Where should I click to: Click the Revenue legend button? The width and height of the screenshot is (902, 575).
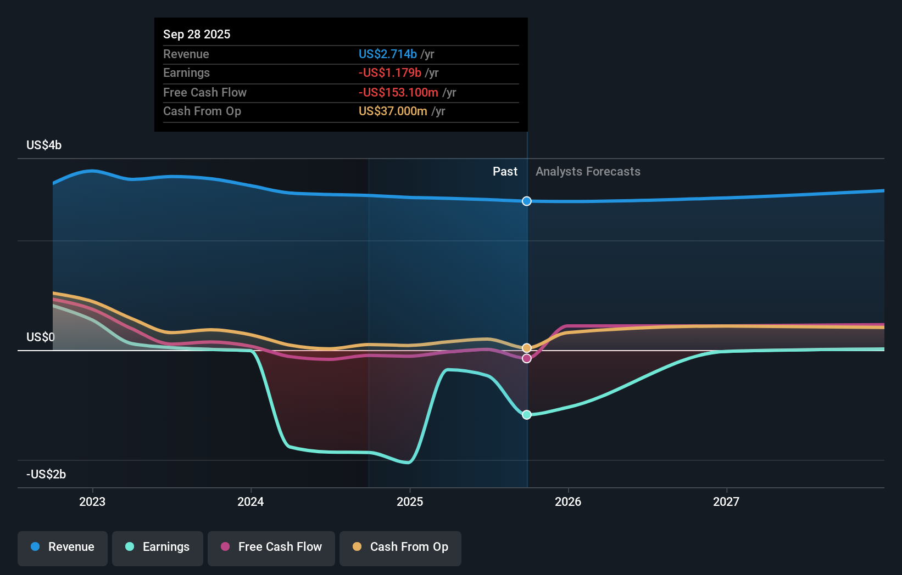pos(63,548)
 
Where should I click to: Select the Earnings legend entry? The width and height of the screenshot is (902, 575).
pos(158,548)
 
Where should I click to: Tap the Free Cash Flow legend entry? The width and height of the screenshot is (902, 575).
pos(271,548)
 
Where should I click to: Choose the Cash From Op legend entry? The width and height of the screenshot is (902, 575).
pos(400,548)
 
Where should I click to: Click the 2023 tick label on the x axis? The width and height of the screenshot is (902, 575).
pos(92,502)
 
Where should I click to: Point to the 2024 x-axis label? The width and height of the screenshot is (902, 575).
pos(250,502)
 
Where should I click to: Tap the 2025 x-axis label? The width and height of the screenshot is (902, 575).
pos(410,502)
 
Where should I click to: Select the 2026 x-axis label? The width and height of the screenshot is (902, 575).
pos(568,502)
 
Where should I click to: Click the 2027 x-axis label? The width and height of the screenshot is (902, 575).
pos(726,502)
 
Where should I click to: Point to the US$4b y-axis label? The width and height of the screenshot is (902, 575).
pos(44,145)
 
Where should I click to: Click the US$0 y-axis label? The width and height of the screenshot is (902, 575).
pos(41,337)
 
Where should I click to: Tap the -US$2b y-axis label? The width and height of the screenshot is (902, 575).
pos(46,475)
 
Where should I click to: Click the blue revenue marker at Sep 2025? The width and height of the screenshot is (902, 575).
pos(527,201)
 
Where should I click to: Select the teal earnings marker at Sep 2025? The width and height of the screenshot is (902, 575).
pos(527,415)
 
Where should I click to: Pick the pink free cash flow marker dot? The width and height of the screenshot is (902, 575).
pos(527,359)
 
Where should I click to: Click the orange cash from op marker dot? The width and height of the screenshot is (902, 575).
pos(527,348)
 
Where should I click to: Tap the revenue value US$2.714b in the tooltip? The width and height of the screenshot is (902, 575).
pos(388,54)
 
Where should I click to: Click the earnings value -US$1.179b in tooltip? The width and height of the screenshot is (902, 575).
pos(390,73)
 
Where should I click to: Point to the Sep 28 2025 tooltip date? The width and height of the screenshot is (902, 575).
pos(197,35)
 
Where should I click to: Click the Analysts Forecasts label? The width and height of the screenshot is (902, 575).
pos(588,172)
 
